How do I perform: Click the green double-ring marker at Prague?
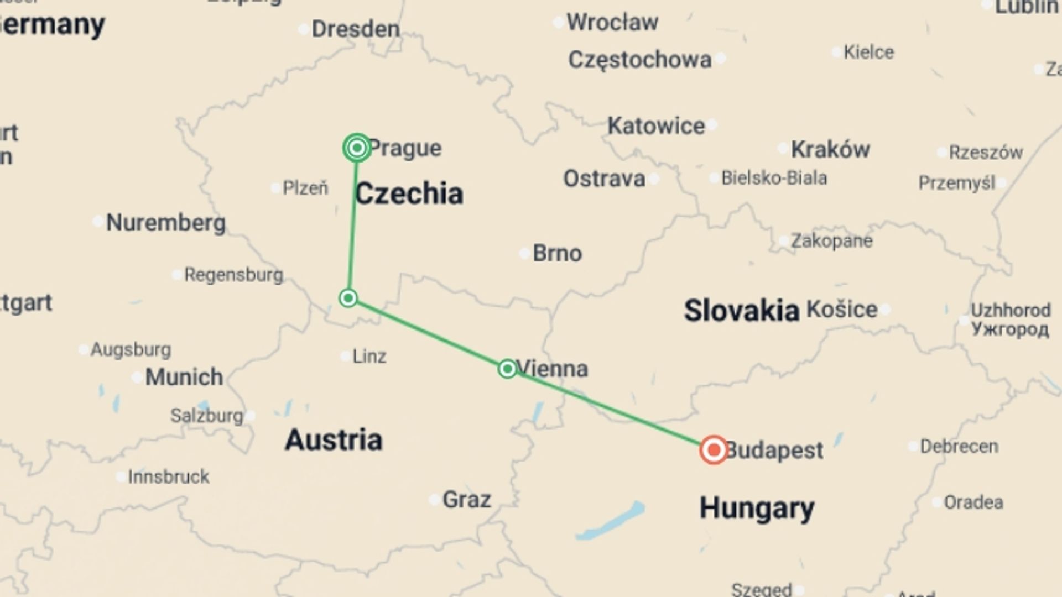[x=357, y=148]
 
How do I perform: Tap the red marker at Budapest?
[x=714, y=449]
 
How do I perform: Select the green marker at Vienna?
[x=507, y=369]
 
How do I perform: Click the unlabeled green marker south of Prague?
[x=348, y=298]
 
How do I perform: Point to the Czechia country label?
[x=409, y=194]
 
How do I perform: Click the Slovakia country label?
[x=741, y=310]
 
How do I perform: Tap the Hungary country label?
[x=757, y=508]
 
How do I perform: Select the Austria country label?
[x=334, y=440]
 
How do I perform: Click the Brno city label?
[x=557, y=253]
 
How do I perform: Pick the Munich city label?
[x=184, y=377]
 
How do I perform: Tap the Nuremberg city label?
[x=165, y=222]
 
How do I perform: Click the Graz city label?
[x=466, y=500]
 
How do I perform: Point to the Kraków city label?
[x=830, y=149]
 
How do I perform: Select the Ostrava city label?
[x=604, y=179]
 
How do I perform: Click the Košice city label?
[x=842, y=309]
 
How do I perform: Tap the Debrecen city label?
[x=959, y=446]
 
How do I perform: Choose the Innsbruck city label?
[x=169, y=476]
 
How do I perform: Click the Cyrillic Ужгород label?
[x=1009, y=329]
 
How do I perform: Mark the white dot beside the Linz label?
[x=345, y=356]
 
